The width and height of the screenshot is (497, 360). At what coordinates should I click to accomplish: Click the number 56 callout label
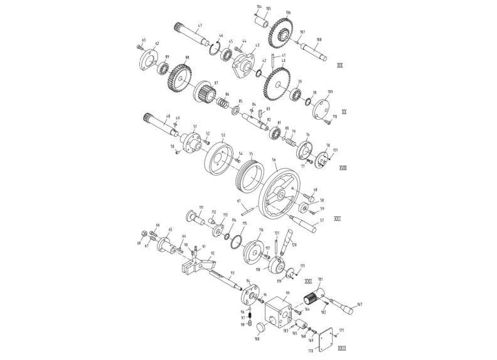click(x=273, y=161)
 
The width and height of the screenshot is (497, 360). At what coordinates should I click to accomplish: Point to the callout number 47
click(x=200, y=26)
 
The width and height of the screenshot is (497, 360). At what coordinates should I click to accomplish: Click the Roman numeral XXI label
click(x=337, y=219)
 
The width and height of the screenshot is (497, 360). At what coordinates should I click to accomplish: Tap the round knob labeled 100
click(x=257, y=326)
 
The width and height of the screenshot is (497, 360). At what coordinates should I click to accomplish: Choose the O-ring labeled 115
click(x=235, y=241)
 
